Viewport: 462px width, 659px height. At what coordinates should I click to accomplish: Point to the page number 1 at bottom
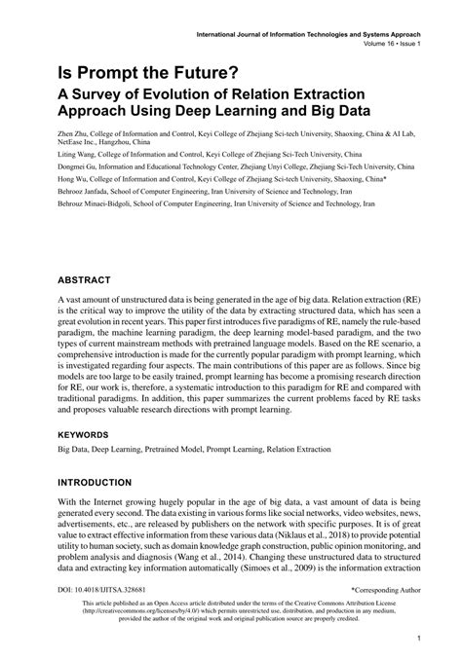tap(417, 639)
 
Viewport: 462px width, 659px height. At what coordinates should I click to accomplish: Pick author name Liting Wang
tap(77, 154)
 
